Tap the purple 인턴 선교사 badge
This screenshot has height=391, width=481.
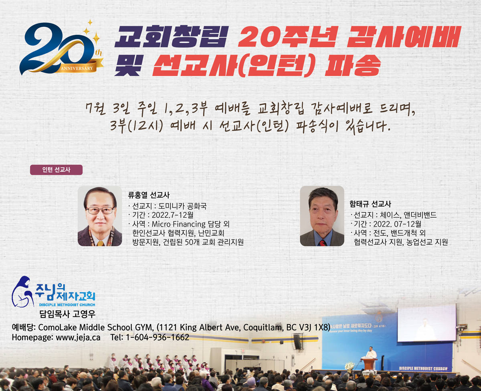click(x=56, y=170)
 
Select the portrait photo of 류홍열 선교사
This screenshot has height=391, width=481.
click(x=100, y=216)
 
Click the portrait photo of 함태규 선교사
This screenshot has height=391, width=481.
click(x=322, y=216)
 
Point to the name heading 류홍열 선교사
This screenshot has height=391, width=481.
click(x=149, y=195)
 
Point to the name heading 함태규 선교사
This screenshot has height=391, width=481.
click(x=370, y=204)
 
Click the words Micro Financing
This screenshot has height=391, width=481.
click(x=179, y=224)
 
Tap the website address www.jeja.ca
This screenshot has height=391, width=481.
click(x=78, y=338)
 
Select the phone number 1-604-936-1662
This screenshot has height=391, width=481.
click(x=158, y=337)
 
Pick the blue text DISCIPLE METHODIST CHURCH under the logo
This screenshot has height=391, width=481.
click(x=67, y=305)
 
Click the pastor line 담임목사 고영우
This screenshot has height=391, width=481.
click(x=67, y=314)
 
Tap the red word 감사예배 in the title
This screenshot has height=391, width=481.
click(x=404, y=36)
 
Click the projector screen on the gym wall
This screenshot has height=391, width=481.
click(x=427, y=323)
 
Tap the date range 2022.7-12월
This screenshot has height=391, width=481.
click(x=172, y=215)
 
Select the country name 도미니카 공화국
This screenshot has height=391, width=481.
click(x=182, y=206)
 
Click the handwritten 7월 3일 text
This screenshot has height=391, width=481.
click(x=108, y=109)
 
